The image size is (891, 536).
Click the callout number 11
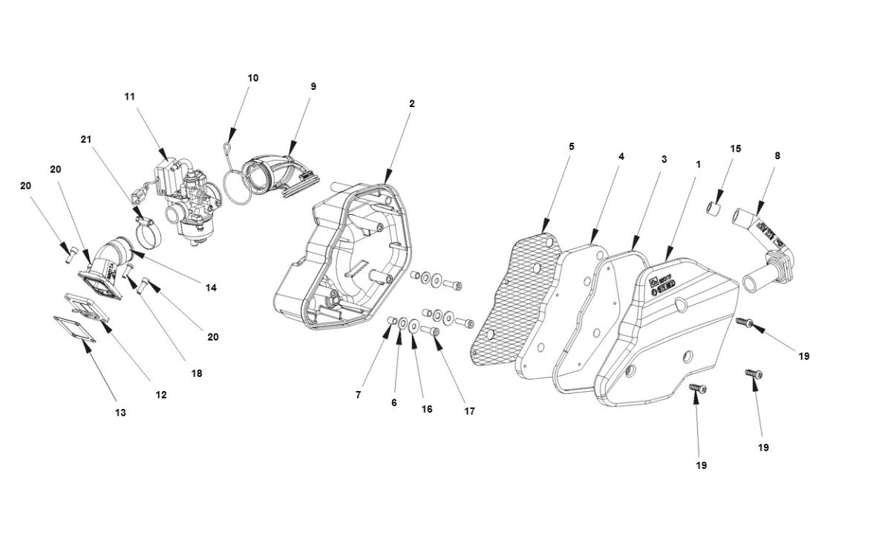(x=130, y=96)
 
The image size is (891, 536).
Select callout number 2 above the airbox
(x=411, y=103)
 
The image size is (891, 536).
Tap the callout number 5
(x=571, y=146)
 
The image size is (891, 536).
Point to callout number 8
(x=777, y=156)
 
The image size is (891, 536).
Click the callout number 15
(x=735, y=149)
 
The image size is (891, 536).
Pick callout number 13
(x=120, y=412)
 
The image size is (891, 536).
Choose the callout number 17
(x=470, y=410)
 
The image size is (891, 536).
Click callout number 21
(x=86, y=139)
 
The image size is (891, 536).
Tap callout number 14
(x=211, y=288)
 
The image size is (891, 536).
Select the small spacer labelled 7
(x=389, y=320)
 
